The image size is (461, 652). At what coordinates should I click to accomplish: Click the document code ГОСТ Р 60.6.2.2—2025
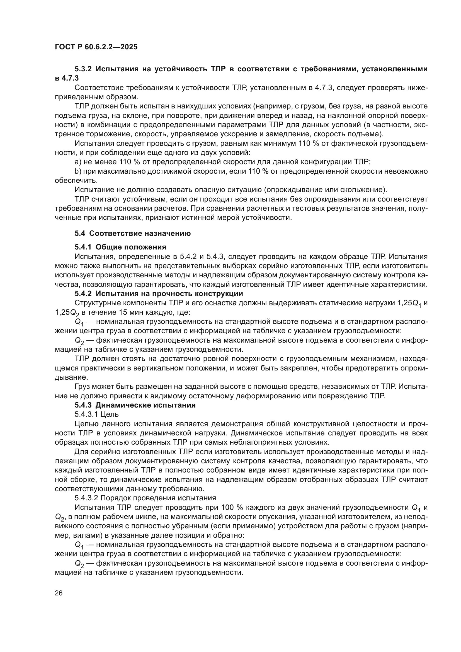pos(96,47)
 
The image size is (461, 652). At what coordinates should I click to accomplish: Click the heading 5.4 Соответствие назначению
pos(133,233)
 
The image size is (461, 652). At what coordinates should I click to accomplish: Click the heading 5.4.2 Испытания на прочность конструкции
pos(159,293)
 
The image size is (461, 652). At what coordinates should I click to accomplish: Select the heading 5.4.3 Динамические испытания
pos(135,405)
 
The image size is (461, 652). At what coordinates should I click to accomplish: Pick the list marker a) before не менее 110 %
pos(78,162)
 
